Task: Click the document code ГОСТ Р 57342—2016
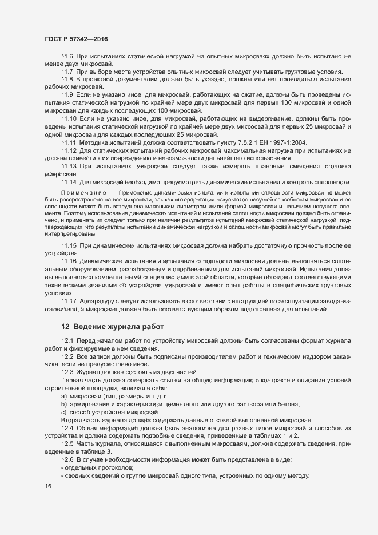[x=75, y=39]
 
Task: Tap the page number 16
[x=48, y=486]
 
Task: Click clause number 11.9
[x=67, y=94]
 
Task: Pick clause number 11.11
[x=69, y=141]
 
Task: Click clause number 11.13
[x=69, y=165]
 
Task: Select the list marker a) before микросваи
[x=63, y=397]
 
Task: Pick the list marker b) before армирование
[x=63, y=405]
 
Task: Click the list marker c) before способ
[x=63, y=413]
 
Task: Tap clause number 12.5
[x=67, y=444]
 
